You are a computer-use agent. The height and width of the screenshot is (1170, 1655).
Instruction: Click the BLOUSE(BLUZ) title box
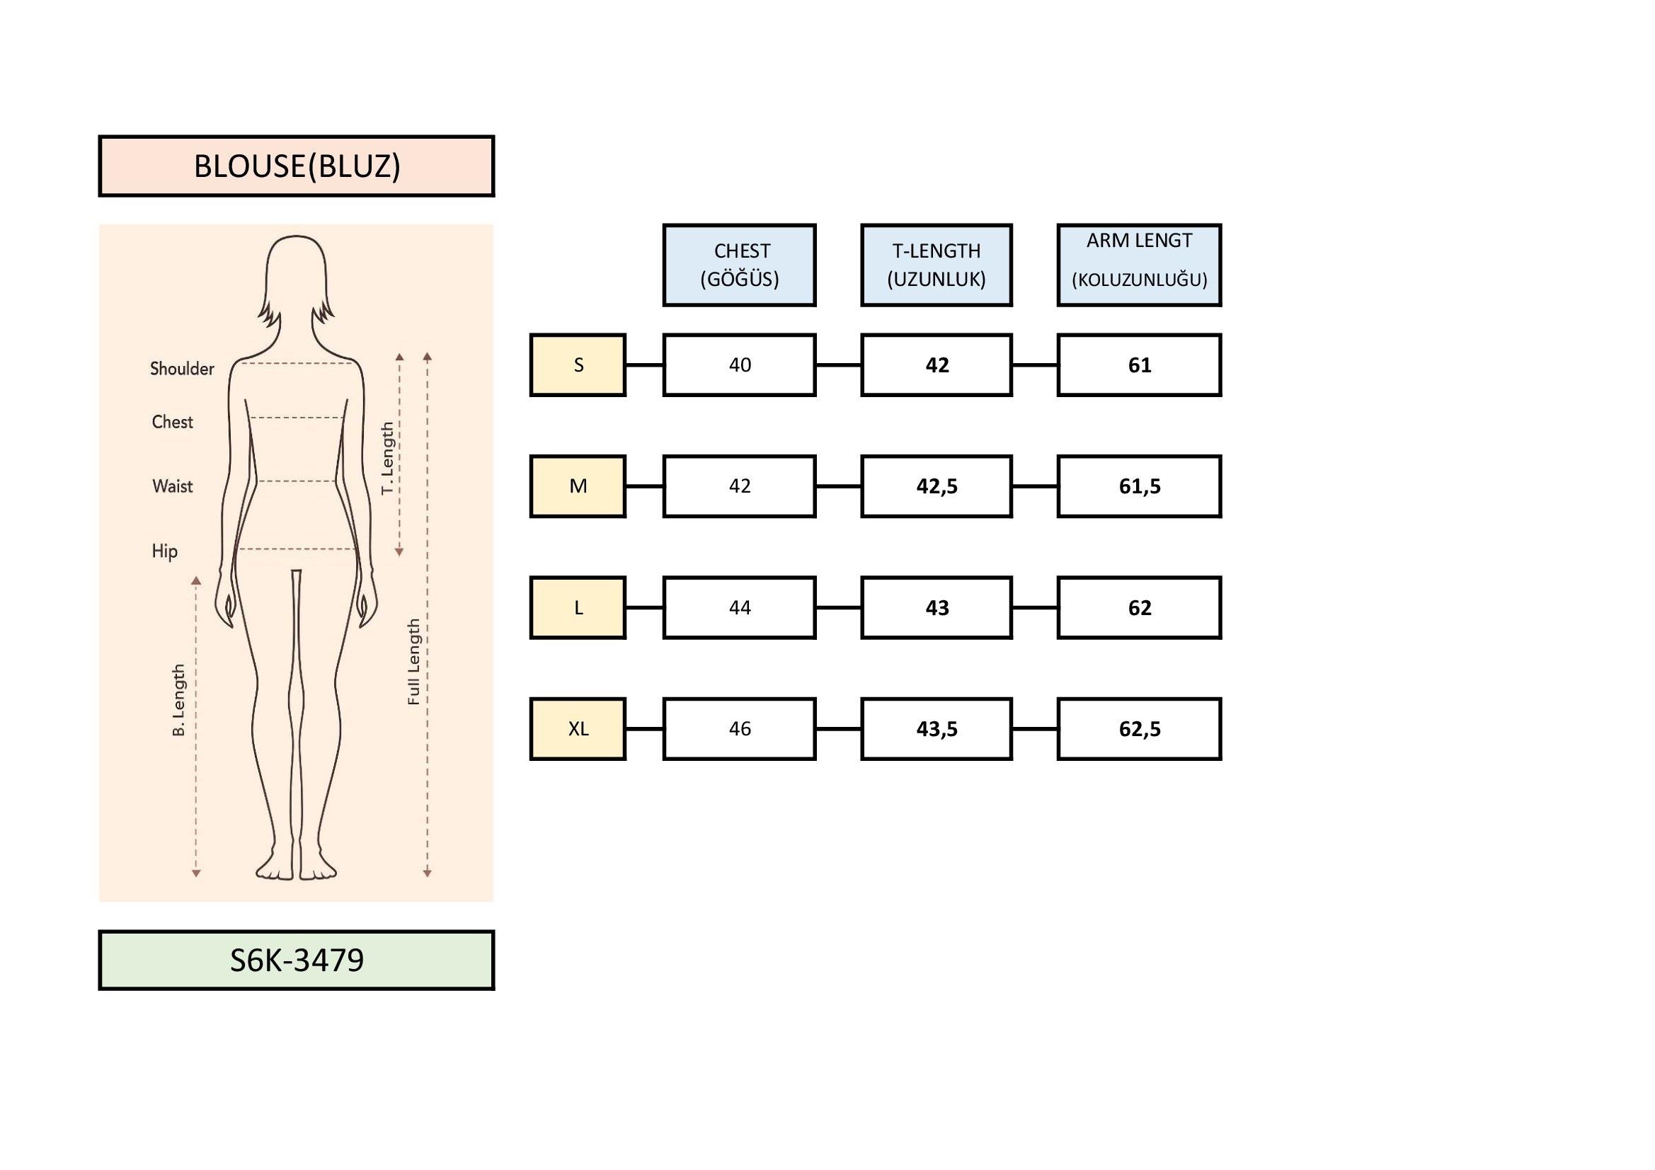point(297,166)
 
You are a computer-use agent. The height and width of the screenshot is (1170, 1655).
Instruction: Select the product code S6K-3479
point(297,960)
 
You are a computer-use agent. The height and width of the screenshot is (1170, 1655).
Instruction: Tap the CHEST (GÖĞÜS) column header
point(740,265)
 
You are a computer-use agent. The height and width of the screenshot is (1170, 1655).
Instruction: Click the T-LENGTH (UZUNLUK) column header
point(937,265)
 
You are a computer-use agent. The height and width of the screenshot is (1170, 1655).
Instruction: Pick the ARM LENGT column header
point(1139,265)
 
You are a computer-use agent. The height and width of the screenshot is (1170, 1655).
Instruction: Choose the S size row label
point(578,365)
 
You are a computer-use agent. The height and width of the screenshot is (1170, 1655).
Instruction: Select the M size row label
point(578,486)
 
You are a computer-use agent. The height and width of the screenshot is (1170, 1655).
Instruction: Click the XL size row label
point(578,729)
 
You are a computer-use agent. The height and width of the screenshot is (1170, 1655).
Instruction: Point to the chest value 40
point(740,365)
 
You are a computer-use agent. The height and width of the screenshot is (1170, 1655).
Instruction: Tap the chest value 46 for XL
point(740,729)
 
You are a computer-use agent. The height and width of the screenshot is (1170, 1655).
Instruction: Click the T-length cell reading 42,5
point(937,486)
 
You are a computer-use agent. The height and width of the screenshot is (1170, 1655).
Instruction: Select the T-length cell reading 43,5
point(937,729)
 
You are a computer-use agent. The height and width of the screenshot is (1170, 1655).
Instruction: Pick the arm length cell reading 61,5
point(1139,486)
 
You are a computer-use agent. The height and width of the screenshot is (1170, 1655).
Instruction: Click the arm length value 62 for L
point(1139,608)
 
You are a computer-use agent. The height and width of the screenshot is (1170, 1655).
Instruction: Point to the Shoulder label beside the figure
point(182,369)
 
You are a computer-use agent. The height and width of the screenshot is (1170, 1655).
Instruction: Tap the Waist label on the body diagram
point(172,486)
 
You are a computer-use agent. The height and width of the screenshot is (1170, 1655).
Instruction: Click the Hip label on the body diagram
point(164,551)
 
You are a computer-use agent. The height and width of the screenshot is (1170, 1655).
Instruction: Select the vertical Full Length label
point(413,661)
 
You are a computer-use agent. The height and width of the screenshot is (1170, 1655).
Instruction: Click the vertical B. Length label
point(179,700)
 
